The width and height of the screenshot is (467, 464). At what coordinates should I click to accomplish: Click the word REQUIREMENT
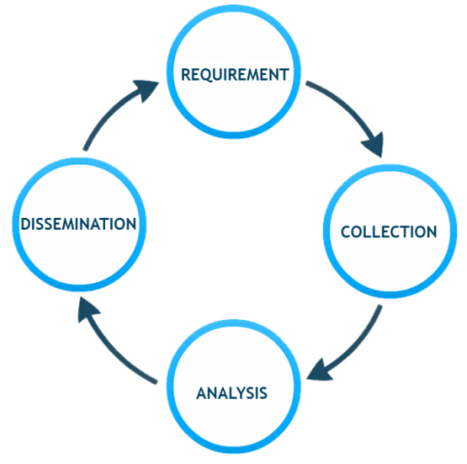coord(234,75)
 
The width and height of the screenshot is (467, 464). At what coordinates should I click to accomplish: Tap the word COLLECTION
coord(389,232)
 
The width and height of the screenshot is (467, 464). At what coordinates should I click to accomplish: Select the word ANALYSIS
coord(232,393)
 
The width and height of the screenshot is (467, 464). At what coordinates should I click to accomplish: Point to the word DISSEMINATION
coord(79,224)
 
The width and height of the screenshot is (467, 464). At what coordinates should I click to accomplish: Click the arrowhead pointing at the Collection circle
coord(375,145)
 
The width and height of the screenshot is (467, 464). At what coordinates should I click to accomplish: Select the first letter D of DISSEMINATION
coord(25,224)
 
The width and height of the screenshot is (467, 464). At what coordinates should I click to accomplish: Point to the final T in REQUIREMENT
coord(284,75)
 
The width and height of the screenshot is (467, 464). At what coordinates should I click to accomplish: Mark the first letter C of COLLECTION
coord(346,232)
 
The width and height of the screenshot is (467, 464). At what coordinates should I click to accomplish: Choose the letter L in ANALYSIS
coord(228,393)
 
